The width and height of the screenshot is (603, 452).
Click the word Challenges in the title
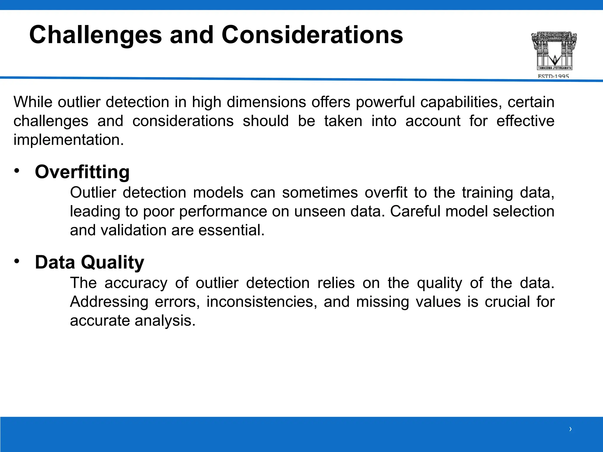(x=95, y=35)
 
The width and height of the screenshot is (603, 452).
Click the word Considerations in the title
(x=312, y=35)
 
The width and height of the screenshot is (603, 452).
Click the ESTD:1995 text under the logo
(x=553, y=76)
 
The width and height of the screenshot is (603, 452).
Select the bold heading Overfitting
(x=82, y=172)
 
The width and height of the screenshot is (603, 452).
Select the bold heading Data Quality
(x=90, y=262)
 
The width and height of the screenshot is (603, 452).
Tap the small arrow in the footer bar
(x=570, y=429)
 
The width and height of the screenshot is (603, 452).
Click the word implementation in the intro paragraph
(x=68, y=140)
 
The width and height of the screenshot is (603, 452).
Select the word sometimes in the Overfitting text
(x=320, y=193)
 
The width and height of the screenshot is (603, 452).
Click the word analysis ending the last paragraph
(x=165, y=321)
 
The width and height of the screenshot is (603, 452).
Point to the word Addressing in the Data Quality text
(x=109, y=302)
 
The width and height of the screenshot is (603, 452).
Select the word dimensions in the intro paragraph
(x=266, y=102)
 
